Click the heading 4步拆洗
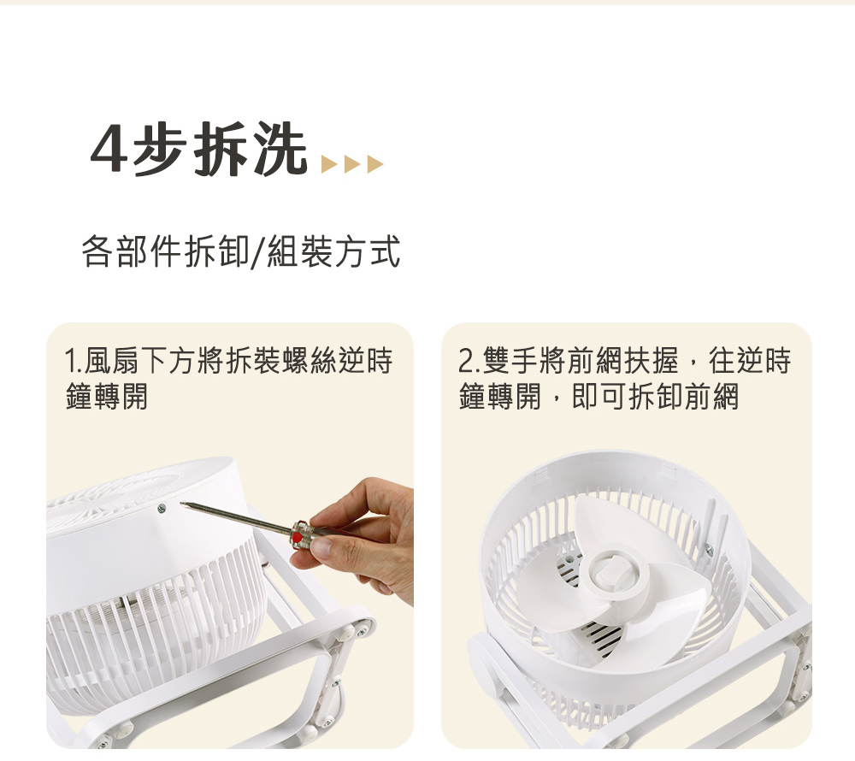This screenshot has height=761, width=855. [198, 151]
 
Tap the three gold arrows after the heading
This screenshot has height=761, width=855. [351, 163]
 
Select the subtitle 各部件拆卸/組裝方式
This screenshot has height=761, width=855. [240, 252]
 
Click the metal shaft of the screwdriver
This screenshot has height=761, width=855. [235, 518]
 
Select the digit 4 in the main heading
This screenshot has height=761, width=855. [109, 152]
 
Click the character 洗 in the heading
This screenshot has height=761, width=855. [278, 151]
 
